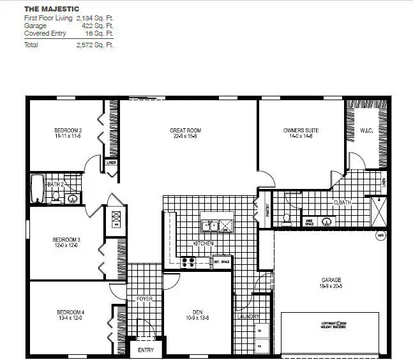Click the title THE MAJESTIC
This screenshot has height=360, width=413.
click(x=52, y=10)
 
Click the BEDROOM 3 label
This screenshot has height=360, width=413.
click(x=66, y=240)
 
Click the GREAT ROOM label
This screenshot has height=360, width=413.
click(x=186, y=131)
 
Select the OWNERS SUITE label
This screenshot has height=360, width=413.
click(x=301, y=131)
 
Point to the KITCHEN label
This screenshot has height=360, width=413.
click(x=204, y=244)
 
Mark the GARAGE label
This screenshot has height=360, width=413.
click(x=331, y=280)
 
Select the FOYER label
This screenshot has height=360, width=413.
click(x=144, y=298)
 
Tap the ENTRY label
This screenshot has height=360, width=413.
click(x=146, y=350)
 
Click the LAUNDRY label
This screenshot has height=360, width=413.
click(x=248, y=317)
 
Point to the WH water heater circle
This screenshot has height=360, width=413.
click(x=381, y=236)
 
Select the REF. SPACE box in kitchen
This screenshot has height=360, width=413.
click(x=221, y=262)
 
